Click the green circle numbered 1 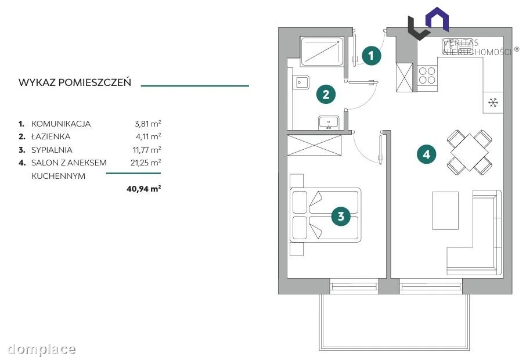coord(371,55)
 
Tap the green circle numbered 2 coord(326,94)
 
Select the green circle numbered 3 coord(341,216)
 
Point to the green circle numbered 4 coord(426,154)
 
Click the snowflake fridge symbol coord(493,103)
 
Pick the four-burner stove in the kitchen coord(427,75)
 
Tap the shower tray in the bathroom coord(322,52)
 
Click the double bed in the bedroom coord(325,215)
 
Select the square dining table coord(470,152)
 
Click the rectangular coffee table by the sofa coord(445,210)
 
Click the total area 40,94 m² coord(143,188)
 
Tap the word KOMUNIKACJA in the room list coord(61,124)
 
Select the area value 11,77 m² coord(147,150)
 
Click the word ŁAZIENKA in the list coord(51,136)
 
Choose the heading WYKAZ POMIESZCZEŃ coord(75,82)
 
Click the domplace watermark coord(42,350)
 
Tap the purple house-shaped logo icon coord(437,20)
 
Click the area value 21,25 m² coord(146,163)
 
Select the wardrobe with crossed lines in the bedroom coord(314,145)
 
